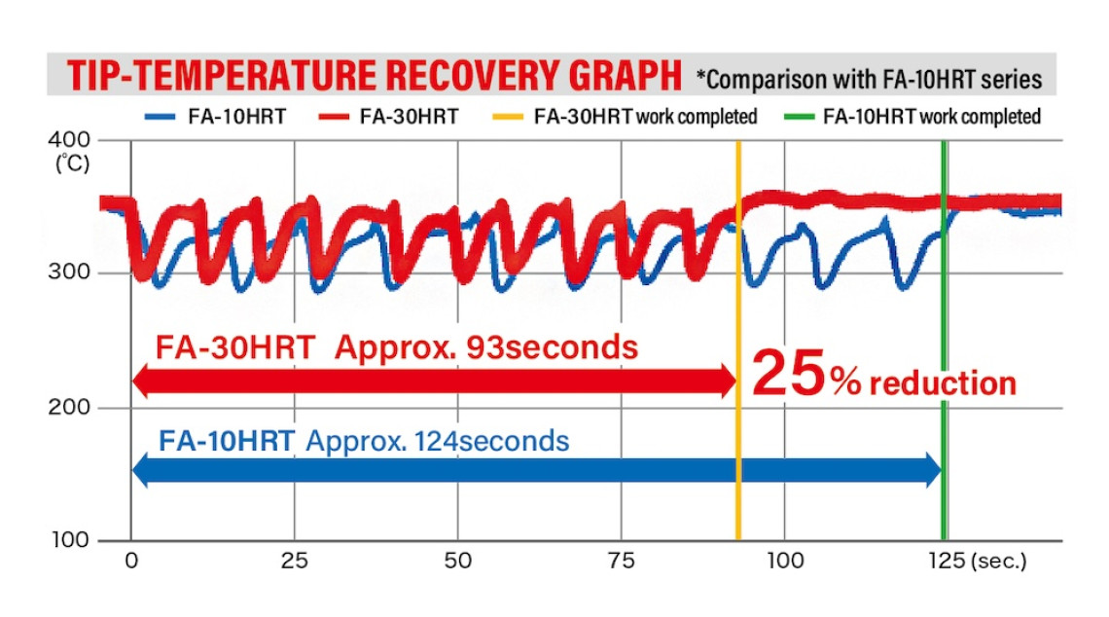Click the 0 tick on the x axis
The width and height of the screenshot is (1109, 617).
pos(131,562)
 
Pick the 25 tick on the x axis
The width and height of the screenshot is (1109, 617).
pos(294,562)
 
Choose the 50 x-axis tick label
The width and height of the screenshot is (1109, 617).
pos(457,562)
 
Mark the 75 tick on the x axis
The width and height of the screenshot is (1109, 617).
pos(621,562)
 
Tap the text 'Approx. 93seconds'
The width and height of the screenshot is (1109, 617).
pos(486,347)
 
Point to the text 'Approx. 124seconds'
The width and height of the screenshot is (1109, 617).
pos(437,441)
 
